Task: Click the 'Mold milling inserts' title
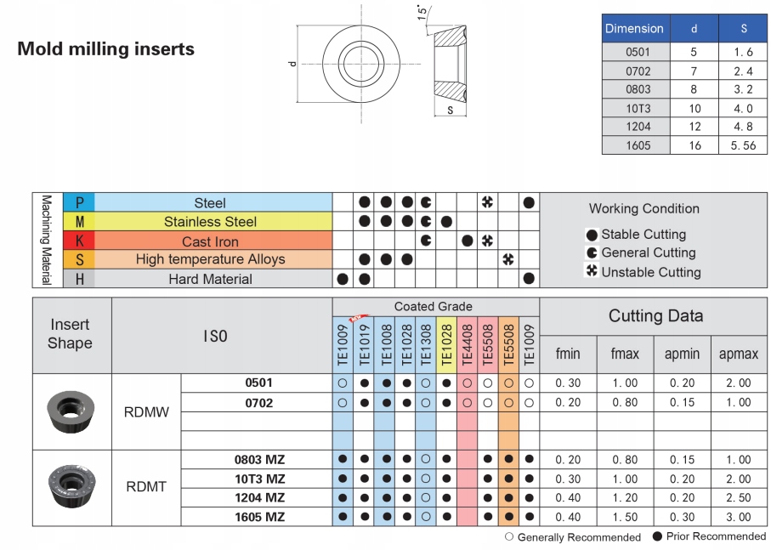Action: (105, 49)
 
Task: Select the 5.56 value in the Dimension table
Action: (742, 145)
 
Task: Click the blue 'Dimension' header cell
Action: (634, 28)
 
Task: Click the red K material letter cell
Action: (79, 241)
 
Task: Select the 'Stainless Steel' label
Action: (210, 222)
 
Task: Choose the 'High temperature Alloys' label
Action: (210, 259)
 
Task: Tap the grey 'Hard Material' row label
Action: (210, 279)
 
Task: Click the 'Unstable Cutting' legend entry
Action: (649, 272)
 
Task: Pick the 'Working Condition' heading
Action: (643, 208)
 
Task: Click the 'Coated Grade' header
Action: (433, 306)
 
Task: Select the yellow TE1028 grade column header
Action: (446, 344)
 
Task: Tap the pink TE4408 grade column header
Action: (467, 344)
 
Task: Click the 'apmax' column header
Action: (738, 354)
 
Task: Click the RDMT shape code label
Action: (145, 487)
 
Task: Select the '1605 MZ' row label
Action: (259, 516)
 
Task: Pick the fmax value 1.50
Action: (625, 516)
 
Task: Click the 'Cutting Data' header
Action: (655, 316)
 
